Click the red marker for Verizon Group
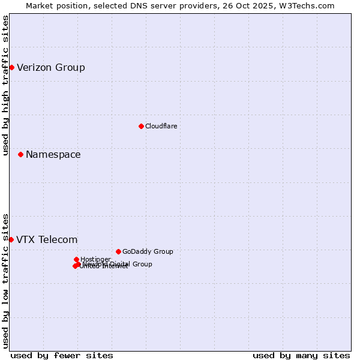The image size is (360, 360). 11,67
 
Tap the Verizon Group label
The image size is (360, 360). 51,67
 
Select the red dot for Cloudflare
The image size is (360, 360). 141,126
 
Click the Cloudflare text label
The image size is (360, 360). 161,126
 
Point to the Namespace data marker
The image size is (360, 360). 20,154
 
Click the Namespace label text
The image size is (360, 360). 53,154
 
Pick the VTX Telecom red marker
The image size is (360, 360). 11,239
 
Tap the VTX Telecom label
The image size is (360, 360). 47,240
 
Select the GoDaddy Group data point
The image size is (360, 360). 118,251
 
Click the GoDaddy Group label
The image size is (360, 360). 148,251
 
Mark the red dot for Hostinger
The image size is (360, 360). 76,259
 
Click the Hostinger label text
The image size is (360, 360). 95,259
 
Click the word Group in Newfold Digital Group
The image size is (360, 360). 142,264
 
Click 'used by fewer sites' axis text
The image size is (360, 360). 62,355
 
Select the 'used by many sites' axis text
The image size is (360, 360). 301,355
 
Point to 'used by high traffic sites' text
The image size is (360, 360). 5,85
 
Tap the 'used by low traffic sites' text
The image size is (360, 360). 5,280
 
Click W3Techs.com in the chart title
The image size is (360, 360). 310,5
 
